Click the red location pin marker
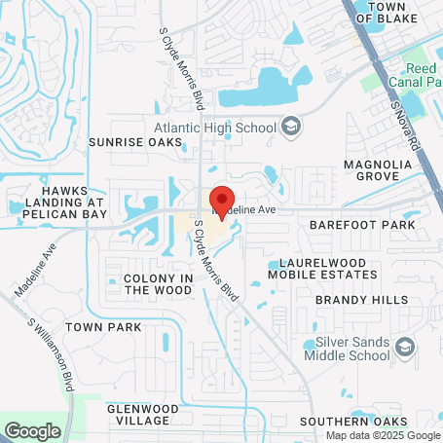click(221, 199)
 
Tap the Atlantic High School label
click(216, 126)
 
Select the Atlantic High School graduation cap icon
click(290, 126)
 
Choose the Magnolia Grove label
click(383, 169)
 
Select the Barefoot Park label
click(361, 224)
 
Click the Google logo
click(32, 429)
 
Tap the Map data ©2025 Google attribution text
click(382, 435)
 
